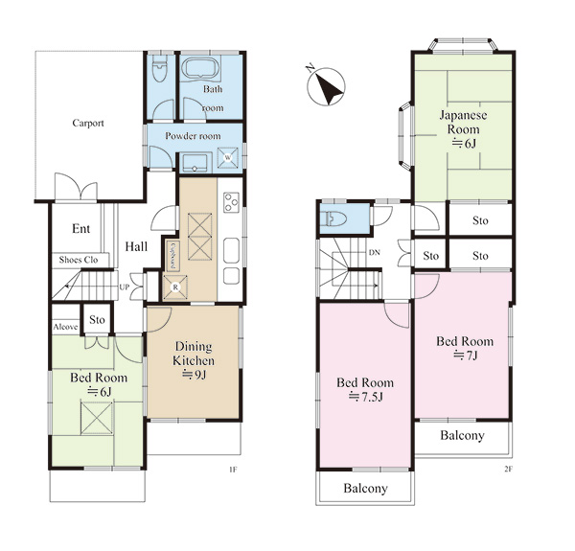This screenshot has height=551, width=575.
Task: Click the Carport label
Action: click(x=88, y=124)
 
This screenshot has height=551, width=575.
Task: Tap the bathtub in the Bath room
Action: click(x=201, y=69)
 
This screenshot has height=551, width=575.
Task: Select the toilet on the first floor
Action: click(x=160, y=69)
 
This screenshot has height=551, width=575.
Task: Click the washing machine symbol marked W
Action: click(x=228, y=158)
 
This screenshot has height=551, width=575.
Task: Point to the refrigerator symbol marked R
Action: click(x=175, y=287)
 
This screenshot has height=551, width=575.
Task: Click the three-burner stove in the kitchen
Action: click(x=231, y=202)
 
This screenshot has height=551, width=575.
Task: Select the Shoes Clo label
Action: click(x=79, y=260)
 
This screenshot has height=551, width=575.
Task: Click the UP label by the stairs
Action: click(x=125, y=287)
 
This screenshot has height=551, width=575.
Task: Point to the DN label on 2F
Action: click(x=375, y=253)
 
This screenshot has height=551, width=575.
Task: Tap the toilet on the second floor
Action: click(x=333, y=219)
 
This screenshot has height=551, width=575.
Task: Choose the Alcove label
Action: click(x=65, y=327)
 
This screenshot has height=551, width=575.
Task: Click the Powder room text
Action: click(x=193, y=136)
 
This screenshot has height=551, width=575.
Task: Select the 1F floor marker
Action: click(x=233, y=470)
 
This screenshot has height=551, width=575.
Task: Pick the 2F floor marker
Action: click(x=508, y=470)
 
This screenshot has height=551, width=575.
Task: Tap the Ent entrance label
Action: click(x=81, y=229)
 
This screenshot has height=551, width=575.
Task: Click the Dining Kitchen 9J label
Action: click(x=194, y=360)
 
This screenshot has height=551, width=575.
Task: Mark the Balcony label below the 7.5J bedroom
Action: click(x=366, y=489)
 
